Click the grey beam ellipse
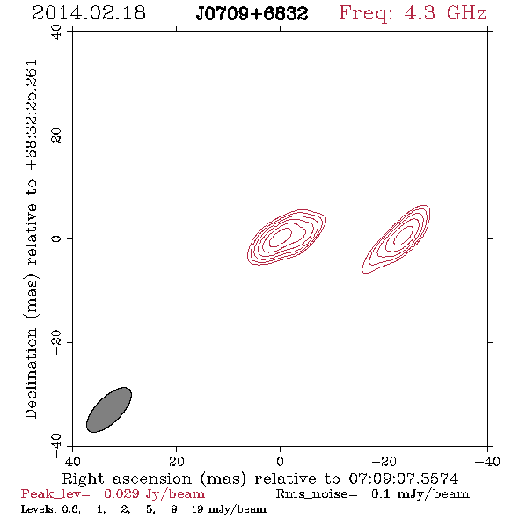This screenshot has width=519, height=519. click(109, 410)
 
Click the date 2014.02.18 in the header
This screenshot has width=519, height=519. click(89, 13)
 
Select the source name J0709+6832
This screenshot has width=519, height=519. click(252, 14)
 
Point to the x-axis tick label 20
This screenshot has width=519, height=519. click(176, 462)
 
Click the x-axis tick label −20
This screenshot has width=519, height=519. click(384, 462)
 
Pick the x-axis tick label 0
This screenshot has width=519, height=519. click(280, 462)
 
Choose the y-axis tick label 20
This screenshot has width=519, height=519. click(56, 135)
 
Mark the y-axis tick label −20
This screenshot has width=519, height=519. click(56, 342)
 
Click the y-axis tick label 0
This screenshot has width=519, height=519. click(56, 238)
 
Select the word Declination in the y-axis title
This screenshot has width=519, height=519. click(31, 373)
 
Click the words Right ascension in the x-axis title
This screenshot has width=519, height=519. click(127, 479)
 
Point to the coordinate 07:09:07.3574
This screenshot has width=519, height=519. click(404, 479)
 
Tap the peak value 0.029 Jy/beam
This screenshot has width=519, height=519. click(154, 493)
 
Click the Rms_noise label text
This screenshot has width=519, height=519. click(317, 493)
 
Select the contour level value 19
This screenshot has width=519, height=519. click(197, 509)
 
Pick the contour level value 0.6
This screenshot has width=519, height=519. click(70, 509)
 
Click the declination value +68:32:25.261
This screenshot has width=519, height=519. click(32, 115)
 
